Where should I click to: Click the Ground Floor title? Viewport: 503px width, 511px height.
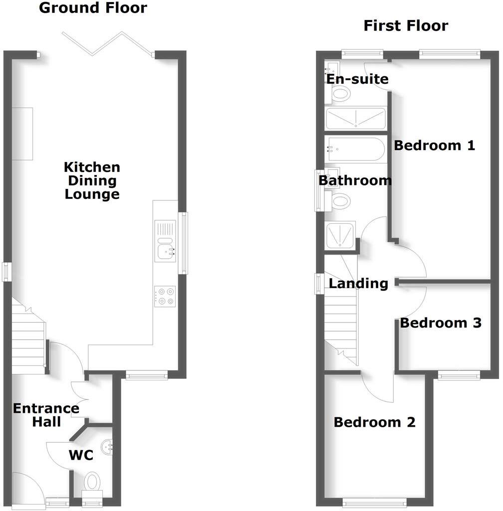(93, 8)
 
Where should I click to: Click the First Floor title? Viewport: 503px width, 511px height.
(405, 25)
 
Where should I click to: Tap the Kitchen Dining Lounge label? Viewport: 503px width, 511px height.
(92, 180)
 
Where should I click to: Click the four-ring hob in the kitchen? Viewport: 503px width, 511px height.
(165, 296)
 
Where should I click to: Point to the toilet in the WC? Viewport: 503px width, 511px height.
(92, 482)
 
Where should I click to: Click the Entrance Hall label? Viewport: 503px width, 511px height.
(46, 415)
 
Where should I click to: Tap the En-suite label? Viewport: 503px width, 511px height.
(357, 79)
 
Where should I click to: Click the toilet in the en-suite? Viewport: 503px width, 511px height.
(340, 93)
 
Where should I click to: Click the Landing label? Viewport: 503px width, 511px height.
(358, 284)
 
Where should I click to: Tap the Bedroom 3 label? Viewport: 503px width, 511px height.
(441, 323)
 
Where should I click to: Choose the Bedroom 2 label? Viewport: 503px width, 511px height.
(374, 423)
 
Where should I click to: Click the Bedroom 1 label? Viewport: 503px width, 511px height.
(434, 146)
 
